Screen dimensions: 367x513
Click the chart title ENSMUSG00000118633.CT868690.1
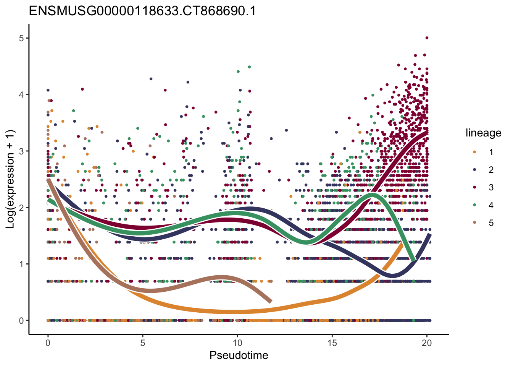point(142,11)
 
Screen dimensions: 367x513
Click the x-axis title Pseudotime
point(239,355)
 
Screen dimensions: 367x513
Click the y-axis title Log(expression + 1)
point(10,179)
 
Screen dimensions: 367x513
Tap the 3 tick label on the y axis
point(21,151)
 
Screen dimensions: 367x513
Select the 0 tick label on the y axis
point(21,320)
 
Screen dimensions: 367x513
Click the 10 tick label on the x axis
point(237,343)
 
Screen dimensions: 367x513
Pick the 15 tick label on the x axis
point(332,343)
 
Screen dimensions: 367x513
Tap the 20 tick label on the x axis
point(427,343)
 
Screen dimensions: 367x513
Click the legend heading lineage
point(483,133)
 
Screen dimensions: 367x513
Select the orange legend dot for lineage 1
point(474,152)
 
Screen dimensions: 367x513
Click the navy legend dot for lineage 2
point(474,170)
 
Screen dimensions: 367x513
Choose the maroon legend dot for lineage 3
point(474,187)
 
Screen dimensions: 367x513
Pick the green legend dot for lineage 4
point(474,205)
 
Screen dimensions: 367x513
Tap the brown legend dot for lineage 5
point(474,223)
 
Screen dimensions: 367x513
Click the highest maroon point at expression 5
point(427,38)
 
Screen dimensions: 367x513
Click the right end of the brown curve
point(271,302)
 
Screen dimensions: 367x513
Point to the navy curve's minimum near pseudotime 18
point(393,275)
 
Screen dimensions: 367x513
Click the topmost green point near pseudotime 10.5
point(250,67)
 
